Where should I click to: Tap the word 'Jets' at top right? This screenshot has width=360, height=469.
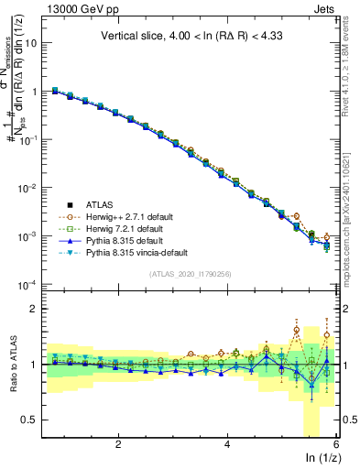tap(322, 10)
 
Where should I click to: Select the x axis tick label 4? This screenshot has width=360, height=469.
tap(227, 444)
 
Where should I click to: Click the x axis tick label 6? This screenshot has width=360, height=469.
tap(336, 444)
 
